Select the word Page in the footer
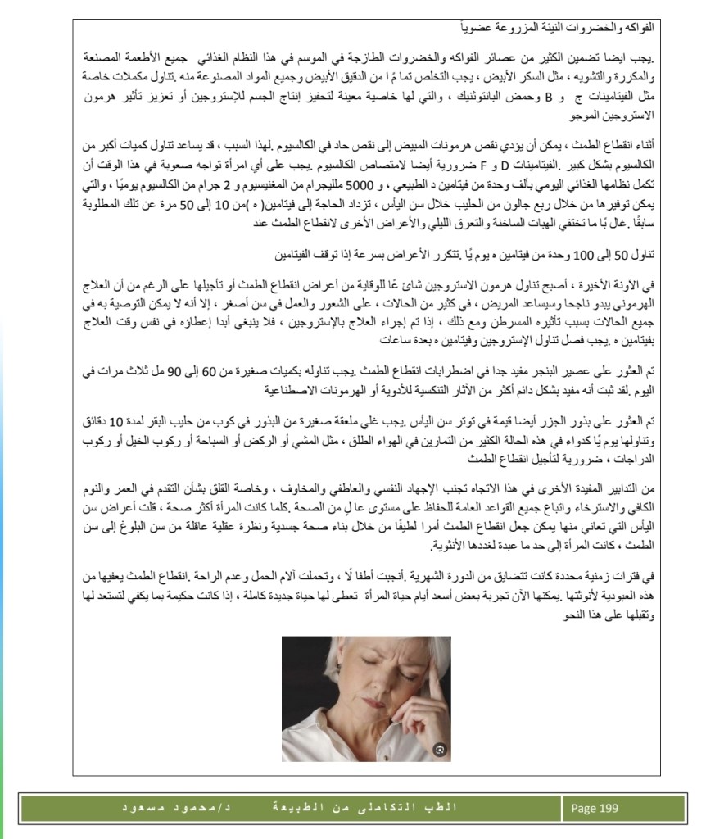(584, 809)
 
